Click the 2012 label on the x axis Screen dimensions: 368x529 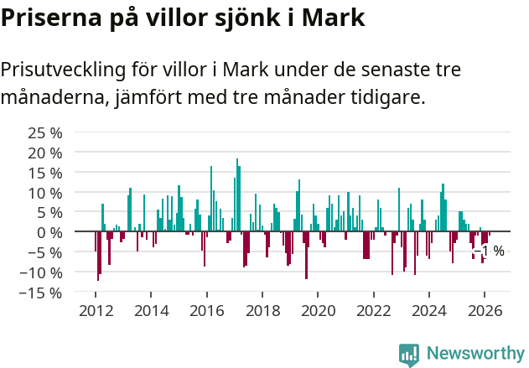coord(96,311)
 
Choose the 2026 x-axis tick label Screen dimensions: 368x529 coord(485,311)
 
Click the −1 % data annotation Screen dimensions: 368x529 coord(490,251)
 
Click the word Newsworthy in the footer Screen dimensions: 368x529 coord(475,354)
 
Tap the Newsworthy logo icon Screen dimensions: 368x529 coord(409,355)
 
